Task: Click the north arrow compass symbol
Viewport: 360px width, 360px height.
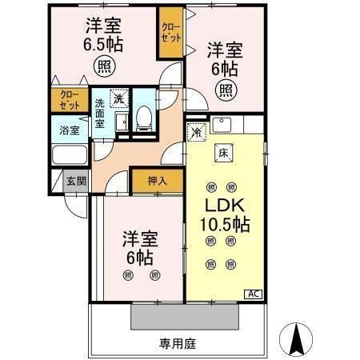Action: coord(298,340)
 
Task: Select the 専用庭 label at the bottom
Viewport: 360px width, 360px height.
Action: coord(177,344)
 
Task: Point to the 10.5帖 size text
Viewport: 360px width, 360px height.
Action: coord(225,225)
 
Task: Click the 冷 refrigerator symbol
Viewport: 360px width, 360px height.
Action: coord(196,133)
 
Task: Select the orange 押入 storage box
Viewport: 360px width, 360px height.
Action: coord(157,181)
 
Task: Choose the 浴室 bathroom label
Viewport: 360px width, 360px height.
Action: coord(69,129)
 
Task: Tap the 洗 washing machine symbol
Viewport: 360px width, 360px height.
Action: coord(118,98)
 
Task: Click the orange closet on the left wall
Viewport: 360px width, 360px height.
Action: coord(70,99)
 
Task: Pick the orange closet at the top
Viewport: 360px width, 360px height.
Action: coord(170,33)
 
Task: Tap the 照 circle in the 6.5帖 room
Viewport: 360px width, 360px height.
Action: coord(103,64)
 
